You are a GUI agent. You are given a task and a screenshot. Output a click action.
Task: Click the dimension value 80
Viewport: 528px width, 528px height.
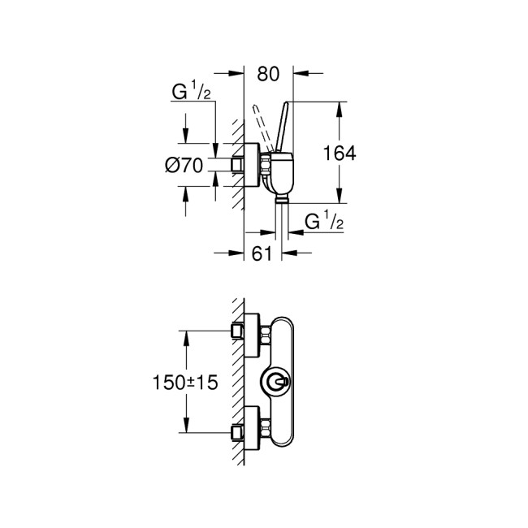(268, 72)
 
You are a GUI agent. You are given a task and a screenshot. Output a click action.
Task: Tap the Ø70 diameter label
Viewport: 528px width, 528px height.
(183, 165)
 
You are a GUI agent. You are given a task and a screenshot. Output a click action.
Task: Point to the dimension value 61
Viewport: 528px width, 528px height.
(261, 254)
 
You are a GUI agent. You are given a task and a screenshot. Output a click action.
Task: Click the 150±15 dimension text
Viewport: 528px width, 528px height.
(186, 382)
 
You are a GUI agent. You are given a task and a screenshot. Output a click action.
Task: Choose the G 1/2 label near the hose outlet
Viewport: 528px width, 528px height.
(322, 220)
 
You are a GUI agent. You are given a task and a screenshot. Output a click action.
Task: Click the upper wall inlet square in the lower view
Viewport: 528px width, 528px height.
(238, 331)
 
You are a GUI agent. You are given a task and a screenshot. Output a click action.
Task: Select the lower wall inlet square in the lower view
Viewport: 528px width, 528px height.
(238, 430)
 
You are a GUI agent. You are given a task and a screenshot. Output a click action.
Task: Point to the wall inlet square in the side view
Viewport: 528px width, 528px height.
(238, 165)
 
